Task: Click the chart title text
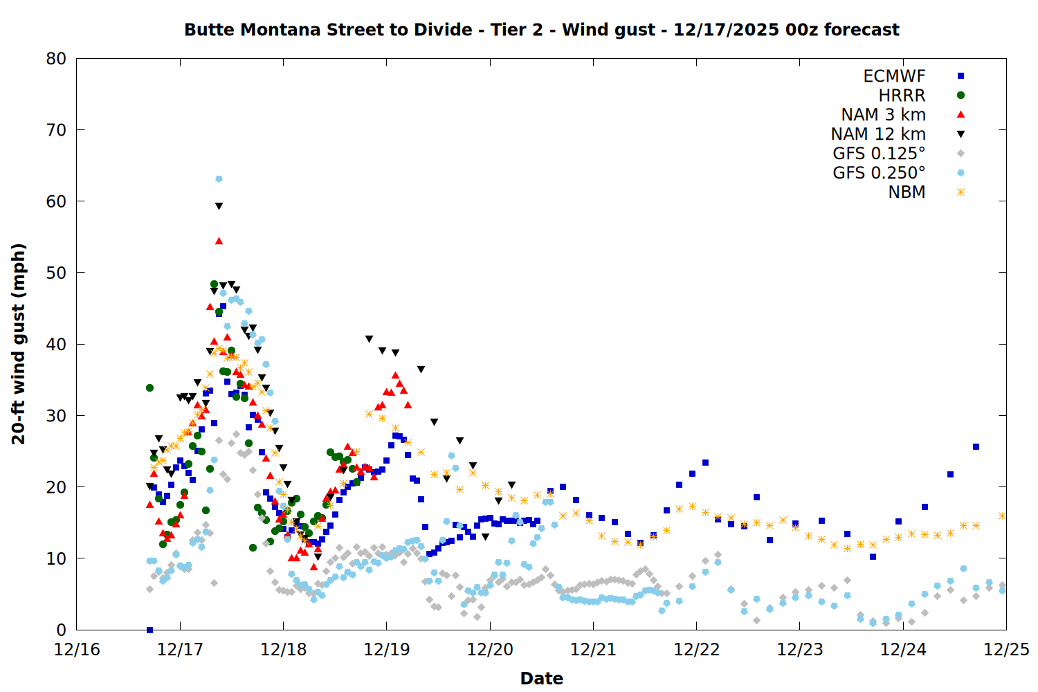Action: pyautogui.click(x=541, y=30)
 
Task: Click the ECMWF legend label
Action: pyautogui.click(x=894, y=76)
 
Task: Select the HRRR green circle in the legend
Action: pyautogui.click(x=960, y=95)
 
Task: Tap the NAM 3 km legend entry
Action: pyautogui.click(x=883, y=115)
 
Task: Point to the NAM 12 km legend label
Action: pyautogui.click(x=878, y=134)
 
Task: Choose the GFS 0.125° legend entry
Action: pyautogui.click(x=879, y=154)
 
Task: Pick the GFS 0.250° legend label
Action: pyautogui.click(x=879, y=173)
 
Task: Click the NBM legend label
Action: pyautogui.click(x=907, y=192)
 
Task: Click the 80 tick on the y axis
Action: pyautogui.click(x=56, y=59)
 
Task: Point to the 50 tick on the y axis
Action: pyautogui.click(x=56, y=273)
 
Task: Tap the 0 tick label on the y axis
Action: pyautogui.click(x=62, y=630)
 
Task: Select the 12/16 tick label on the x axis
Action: pyautogui.click(x=77, y=650)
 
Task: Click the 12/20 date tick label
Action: pyautogui.click(x=490, y=650)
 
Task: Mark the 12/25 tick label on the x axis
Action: pyautogui.click(x=1006, y=650)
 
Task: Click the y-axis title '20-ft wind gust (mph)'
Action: pyautogui.click(x=19, y=344)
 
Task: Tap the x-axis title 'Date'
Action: pyautogui.click(x=541, y=678)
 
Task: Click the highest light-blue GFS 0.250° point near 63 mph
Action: pyautogui.click(x=219, y=179)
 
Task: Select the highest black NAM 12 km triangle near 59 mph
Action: pyautogui.click(x=219, y=206)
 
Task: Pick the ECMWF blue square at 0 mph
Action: pyautogui.click(x=149, y=630)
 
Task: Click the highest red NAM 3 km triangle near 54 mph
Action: pyautogui.click(x=219, y=241)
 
